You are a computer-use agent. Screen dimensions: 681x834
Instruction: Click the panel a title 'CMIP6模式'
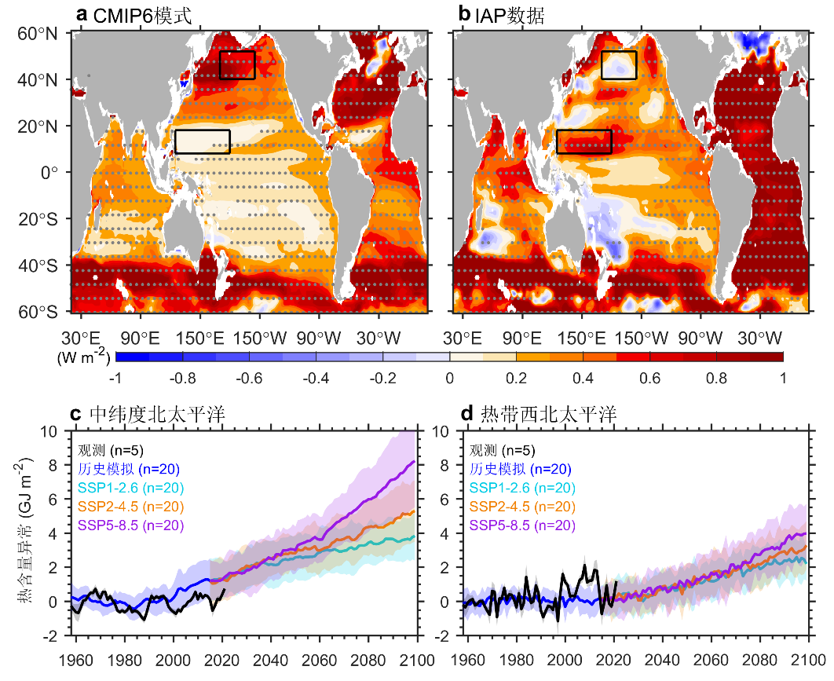(141, 15)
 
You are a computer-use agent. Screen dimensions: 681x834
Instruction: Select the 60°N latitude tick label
(39, 34)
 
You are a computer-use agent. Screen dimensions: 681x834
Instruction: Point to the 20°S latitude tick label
(39, 218)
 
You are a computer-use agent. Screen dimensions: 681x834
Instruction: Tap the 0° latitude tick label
(49, 172)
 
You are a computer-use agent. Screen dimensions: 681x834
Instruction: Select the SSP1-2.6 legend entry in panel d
(521, 488)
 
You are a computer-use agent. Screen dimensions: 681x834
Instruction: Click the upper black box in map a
(237, 65)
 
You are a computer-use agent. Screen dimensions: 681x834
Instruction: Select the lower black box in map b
(583, 141)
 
